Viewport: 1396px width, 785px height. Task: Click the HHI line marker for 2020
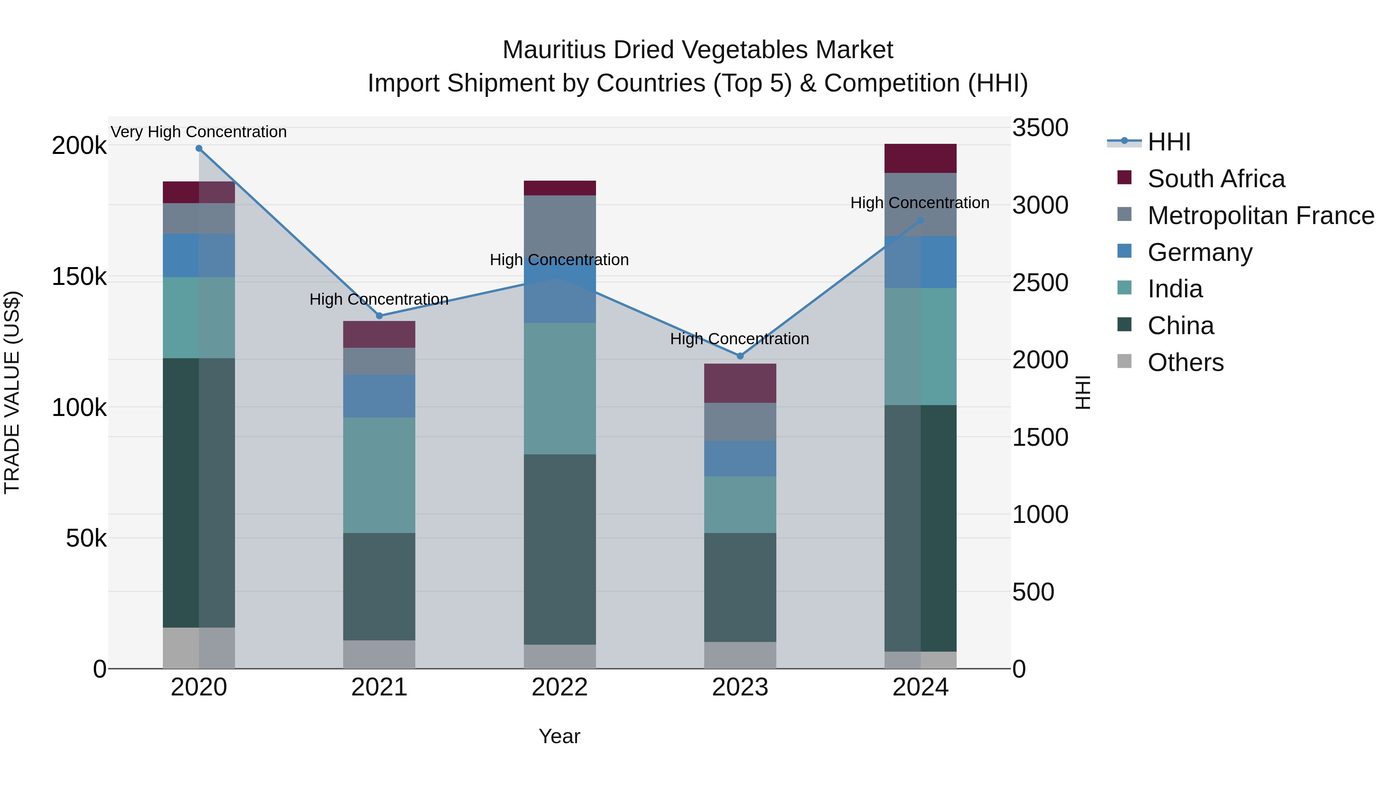point(199,148)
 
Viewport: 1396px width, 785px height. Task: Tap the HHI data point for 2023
point(740,356)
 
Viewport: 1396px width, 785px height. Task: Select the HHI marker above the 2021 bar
point(379,316)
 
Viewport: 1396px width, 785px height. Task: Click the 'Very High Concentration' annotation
point(199,132)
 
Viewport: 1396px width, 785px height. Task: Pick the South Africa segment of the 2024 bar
point(920,159)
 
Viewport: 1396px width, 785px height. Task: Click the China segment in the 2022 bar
point(560,549)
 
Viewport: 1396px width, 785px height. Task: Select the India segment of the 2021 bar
point(379,475)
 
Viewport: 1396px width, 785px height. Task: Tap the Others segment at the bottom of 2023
point(740,655)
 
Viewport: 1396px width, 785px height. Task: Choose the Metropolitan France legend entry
point(1261,216)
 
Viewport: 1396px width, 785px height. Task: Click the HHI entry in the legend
point(1169,142)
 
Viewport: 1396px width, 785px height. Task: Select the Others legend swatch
point(1125,361)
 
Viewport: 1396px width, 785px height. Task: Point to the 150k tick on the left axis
point(79,277)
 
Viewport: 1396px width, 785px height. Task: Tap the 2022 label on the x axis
point(560,687)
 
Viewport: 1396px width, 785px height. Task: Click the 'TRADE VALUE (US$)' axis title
point(12,392)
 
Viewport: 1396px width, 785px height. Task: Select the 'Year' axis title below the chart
point(559,736)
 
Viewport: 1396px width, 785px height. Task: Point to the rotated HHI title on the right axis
point(1082,392)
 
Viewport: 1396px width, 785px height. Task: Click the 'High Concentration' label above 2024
point(920,203)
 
